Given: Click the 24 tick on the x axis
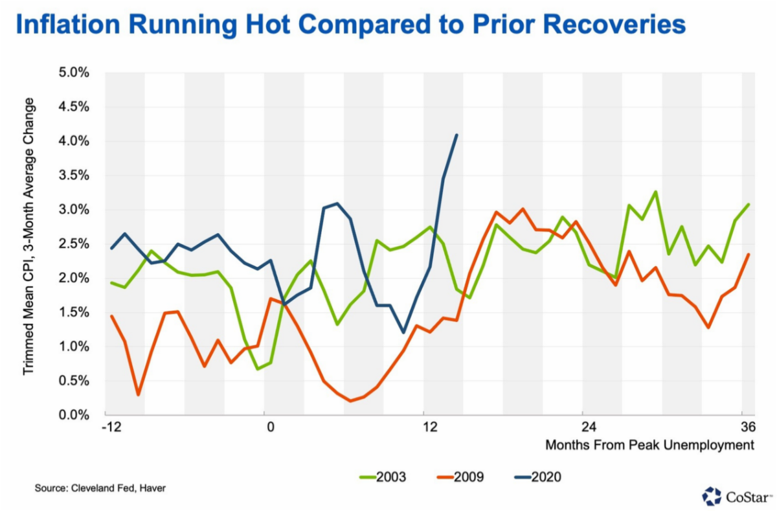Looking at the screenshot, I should (583, 427).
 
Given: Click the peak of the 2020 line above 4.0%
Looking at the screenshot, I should (457, 135).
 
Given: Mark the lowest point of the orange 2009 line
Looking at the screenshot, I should (350, 401).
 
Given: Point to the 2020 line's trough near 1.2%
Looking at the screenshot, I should (403, 332).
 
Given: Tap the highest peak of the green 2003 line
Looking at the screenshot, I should (656, 192).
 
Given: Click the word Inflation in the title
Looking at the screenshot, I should (64, 25).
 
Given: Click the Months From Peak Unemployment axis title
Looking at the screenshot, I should (649, 446).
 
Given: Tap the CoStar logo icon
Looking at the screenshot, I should (712, 495).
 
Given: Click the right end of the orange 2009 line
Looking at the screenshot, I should (749, 254).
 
